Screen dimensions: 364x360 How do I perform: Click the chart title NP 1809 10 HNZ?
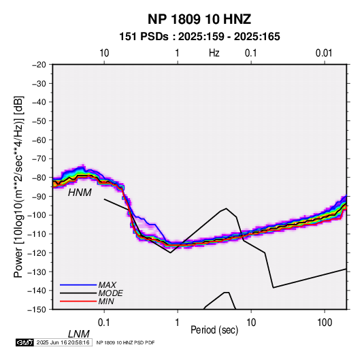coord(199,19)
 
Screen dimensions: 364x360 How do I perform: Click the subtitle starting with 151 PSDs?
coord(199,37)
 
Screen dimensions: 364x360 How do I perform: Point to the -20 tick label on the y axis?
coord(39,65)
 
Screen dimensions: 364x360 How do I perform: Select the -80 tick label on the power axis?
coord(39,178)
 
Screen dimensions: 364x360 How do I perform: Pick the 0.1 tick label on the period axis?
coord(104,323)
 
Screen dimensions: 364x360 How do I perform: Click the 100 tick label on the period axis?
coord(325,323)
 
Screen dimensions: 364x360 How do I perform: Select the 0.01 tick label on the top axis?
coord(324,53)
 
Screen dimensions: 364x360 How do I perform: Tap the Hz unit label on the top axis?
coord(214,53)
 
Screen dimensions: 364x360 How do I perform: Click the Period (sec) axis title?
coord(214,330)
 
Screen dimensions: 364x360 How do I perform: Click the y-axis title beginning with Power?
coord(18,186)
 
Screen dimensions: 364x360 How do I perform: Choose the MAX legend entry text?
coord(107,284)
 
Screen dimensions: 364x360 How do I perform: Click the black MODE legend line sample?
coord(78,293)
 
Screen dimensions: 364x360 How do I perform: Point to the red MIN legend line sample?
coord(78,301)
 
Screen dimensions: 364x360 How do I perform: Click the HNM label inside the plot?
coord(80,193)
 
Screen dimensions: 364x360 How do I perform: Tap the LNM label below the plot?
coord(79,334)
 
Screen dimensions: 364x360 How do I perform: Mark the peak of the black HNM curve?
coord(226,208)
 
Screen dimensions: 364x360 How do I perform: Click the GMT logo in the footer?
coord(25,342)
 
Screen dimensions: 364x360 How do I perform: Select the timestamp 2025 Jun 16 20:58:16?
coord(63,342)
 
